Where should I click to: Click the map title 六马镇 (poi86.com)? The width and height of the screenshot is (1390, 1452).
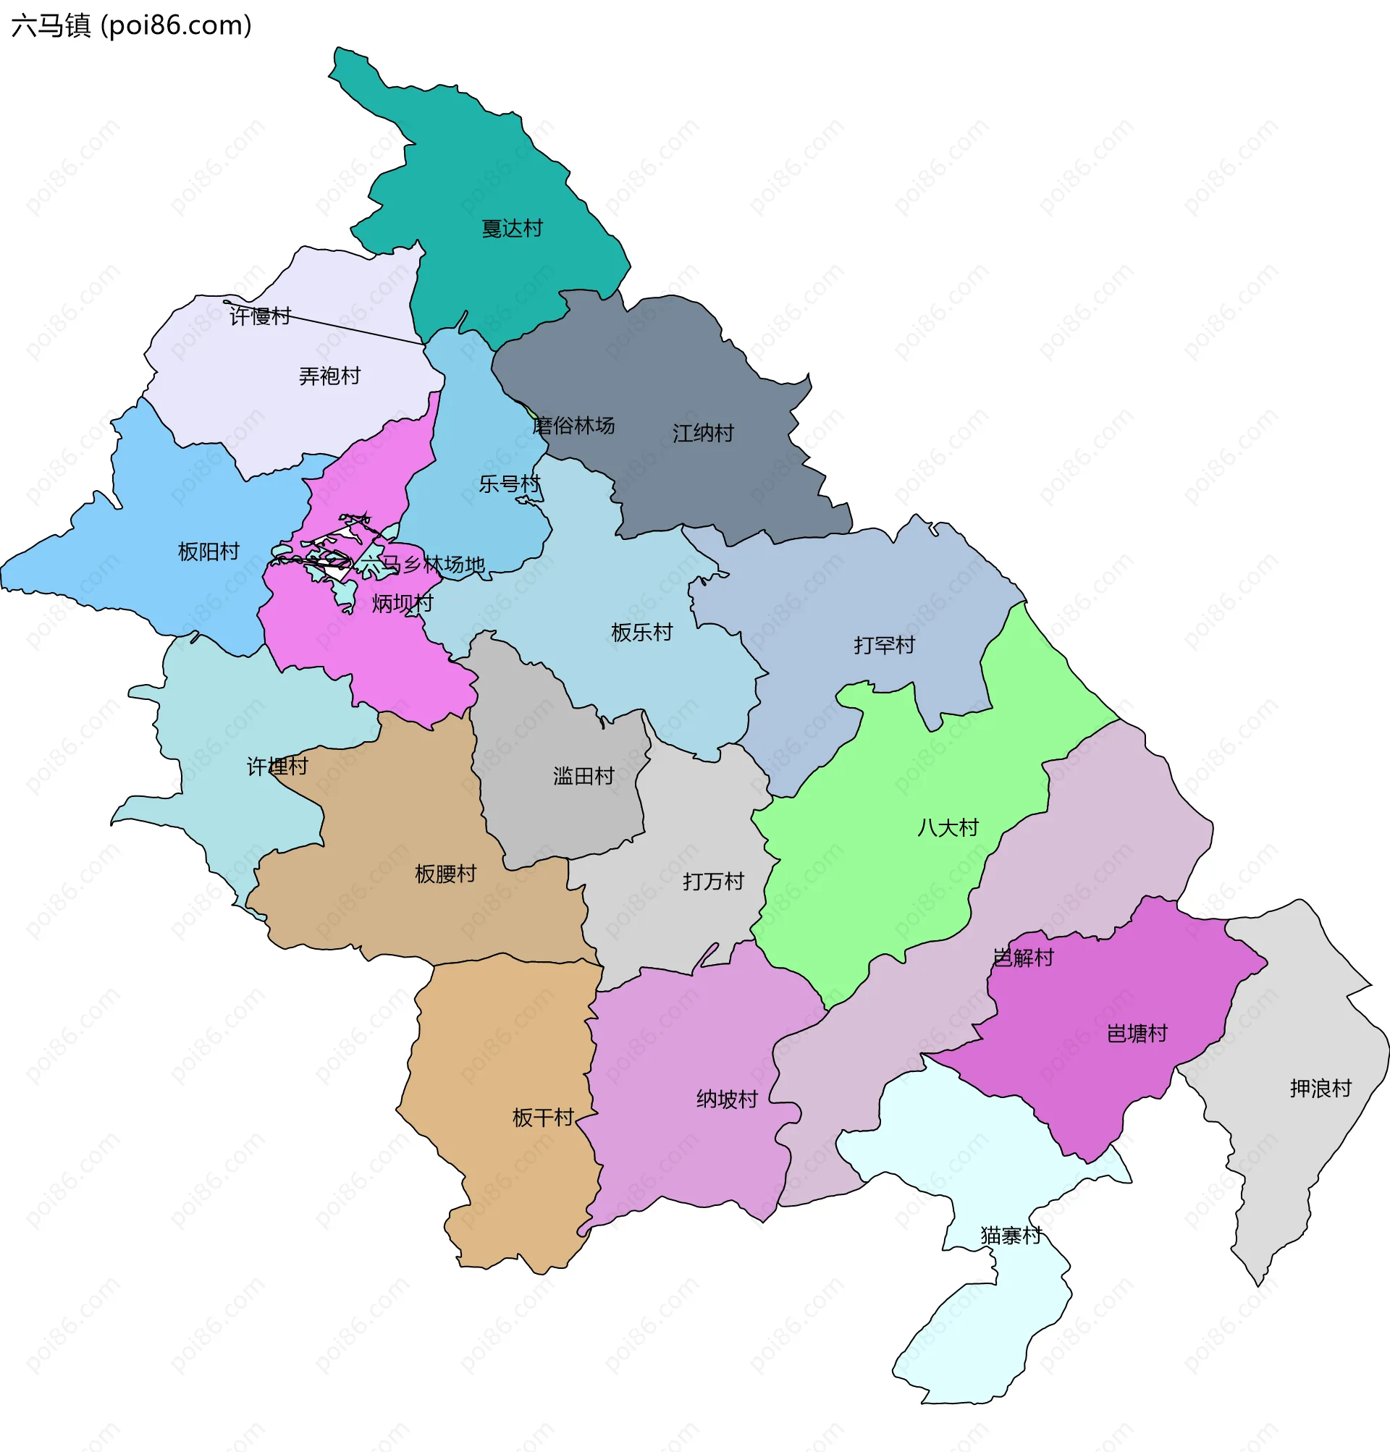point(132,26)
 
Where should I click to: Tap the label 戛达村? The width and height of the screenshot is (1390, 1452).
point(512,228)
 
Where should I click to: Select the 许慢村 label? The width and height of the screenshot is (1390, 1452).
point(260,316)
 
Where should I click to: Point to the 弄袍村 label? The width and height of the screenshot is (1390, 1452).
point(329,376)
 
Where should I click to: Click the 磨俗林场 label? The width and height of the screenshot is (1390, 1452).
point(573,425)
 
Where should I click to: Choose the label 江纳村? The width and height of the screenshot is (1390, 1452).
point(703,434)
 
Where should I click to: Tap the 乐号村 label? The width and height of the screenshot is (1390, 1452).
point(510,484)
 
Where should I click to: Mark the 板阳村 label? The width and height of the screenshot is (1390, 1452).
point(209,552)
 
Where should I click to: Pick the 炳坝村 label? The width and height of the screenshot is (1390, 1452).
point(403,604)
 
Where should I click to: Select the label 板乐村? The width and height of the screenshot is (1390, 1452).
point(641,633)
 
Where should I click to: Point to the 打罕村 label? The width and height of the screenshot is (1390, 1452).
point(884,645)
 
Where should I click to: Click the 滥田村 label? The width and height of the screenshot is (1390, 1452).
point(584,777)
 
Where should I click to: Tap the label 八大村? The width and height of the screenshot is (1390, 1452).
point(948,827)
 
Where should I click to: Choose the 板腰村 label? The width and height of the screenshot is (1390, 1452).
point(445,874)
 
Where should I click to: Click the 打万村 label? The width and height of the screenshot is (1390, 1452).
point(714,882)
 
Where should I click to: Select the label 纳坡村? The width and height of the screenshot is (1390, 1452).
point(727,1099)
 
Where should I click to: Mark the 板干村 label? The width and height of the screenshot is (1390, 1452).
point(543,1118)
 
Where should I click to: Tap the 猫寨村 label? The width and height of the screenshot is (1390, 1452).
point(1011,1236)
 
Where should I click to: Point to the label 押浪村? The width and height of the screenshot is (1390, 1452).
point(1321,1088)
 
